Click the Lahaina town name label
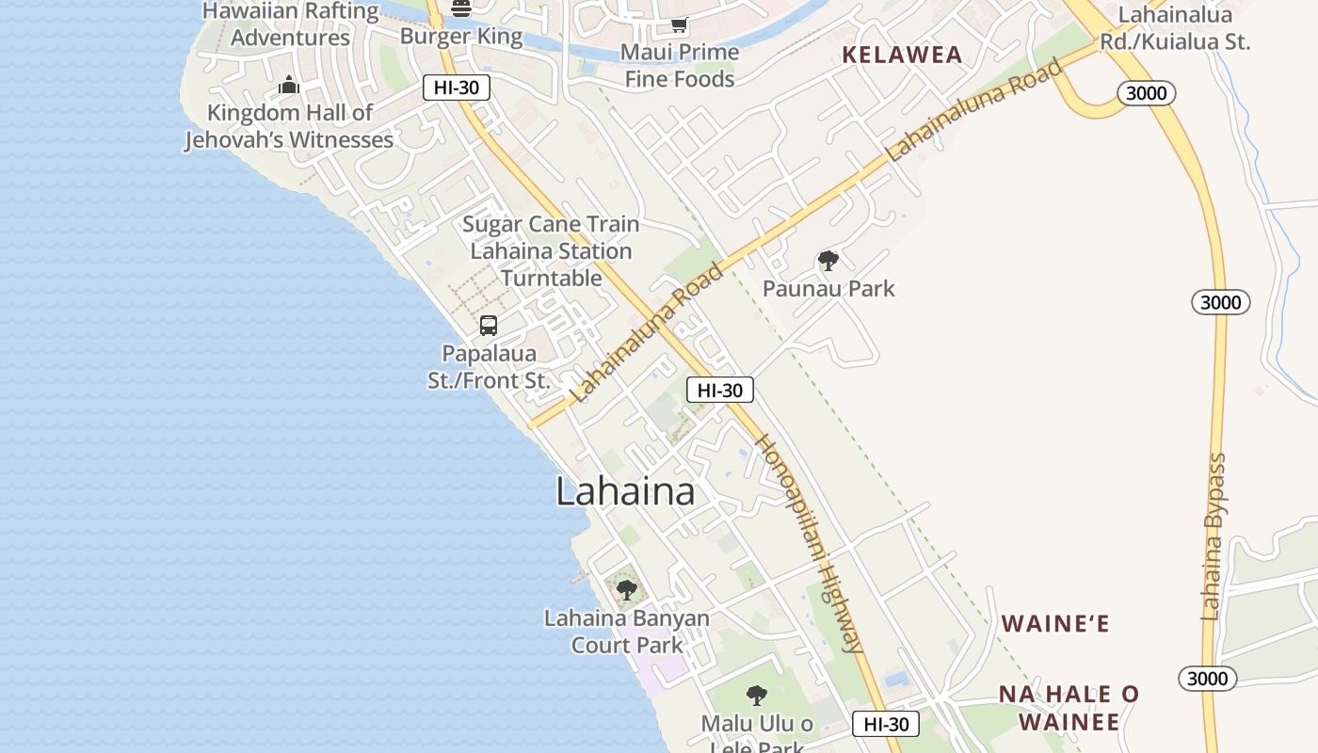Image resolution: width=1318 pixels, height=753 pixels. coord(625,491)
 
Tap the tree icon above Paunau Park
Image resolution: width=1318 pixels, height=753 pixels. coord(828,261)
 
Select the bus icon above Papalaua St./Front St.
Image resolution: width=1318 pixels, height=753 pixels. coord(489,326)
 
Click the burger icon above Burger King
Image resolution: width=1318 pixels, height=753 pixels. coord(461,8)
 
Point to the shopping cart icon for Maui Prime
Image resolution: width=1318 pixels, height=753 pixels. coord(679,24)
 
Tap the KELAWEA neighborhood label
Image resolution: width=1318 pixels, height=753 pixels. coord(902,55)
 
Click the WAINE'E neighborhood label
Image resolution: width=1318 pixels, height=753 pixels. coord(1055,623)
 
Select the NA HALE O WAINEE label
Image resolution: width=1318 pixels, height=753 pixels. coord(1069,708)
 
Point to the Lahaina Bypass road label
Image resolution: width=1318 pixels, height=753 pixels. coord(1215,537)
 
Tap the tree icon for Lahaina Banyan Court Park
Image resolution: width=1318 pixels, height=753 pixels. coord(627,590)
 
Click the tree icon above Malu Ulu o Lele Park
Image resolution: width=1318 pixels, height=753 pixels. coord(756,696)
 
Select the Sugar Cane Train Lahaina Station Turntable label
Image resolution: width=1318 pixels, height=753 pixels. coord(551,251)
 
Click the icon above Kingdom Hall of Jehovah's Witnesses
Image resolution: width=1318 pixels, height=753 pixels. coord(289,87)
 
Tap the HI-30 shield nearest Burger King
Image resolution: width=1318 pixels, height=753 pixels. coord(457,88)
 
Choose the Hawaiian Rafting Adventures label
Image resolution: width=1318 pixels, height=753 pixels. coord(290,24)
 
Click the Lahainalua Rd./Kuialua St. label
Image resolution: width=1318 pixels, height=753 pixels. coord(1175,28)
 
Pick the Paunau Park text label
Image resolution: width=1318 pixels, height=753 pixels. coord(828,288)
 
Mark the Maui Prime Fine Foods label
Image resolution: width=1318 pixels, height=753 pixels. coord(680,65)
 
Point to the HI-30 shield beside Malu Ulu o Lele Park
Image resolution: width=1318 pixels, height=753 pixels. coord(886,723)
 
